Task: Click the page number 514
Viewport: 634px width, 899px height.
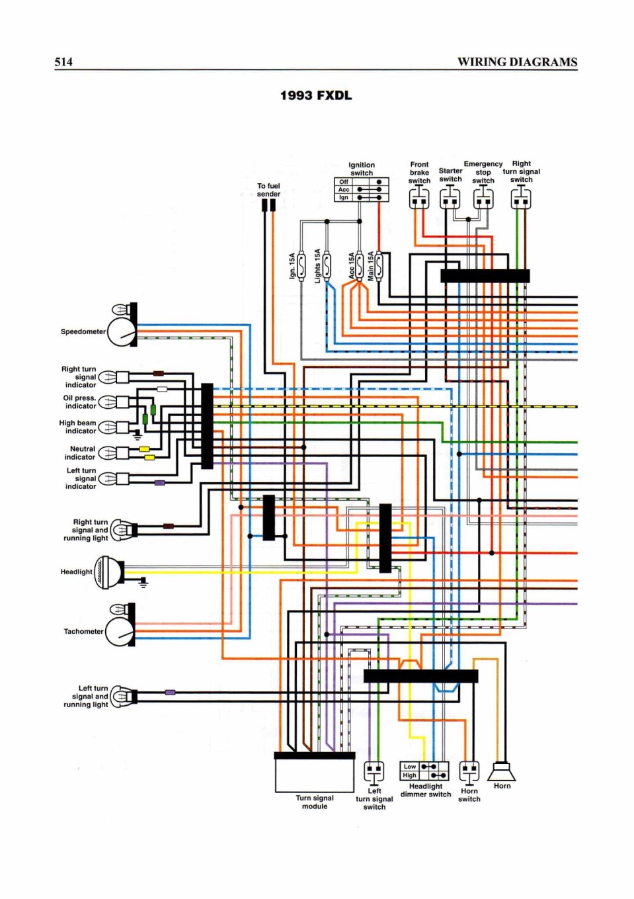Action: [x=63, y=62]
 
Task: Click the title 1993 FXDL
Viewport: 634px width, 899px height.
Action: [x=316, y=95]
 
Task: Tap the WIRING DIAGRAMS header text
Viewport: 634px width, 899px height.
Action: [x=517, y=62]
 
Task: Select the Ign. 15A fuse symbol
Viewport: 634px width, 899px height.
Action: [x=301, y=265]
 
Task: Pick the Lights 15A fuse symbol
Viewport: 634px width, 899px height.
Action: [x=327, y=265]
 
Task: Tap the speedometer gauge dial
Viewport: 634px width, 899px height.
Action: [x=122, y=332]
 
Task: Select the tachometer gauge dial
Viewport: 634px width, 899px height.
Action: [x=121, y=632]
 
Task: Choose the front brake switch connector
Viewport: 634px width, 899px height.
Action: [x=419, y=199]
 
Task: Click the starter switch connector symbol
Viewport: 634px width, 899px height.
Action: [x=450, y=199]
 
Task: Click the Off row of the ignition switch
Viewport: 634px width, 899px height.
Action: [x=362, y=182]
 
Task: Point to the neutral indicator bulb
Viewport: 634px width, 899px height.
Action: [x=108, y=452]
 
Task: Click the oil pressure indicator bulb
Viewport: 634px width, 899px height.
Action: [x=108, y=402]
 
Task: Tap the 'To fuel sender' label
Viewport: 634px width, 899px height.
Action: [x=268, y=190]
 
